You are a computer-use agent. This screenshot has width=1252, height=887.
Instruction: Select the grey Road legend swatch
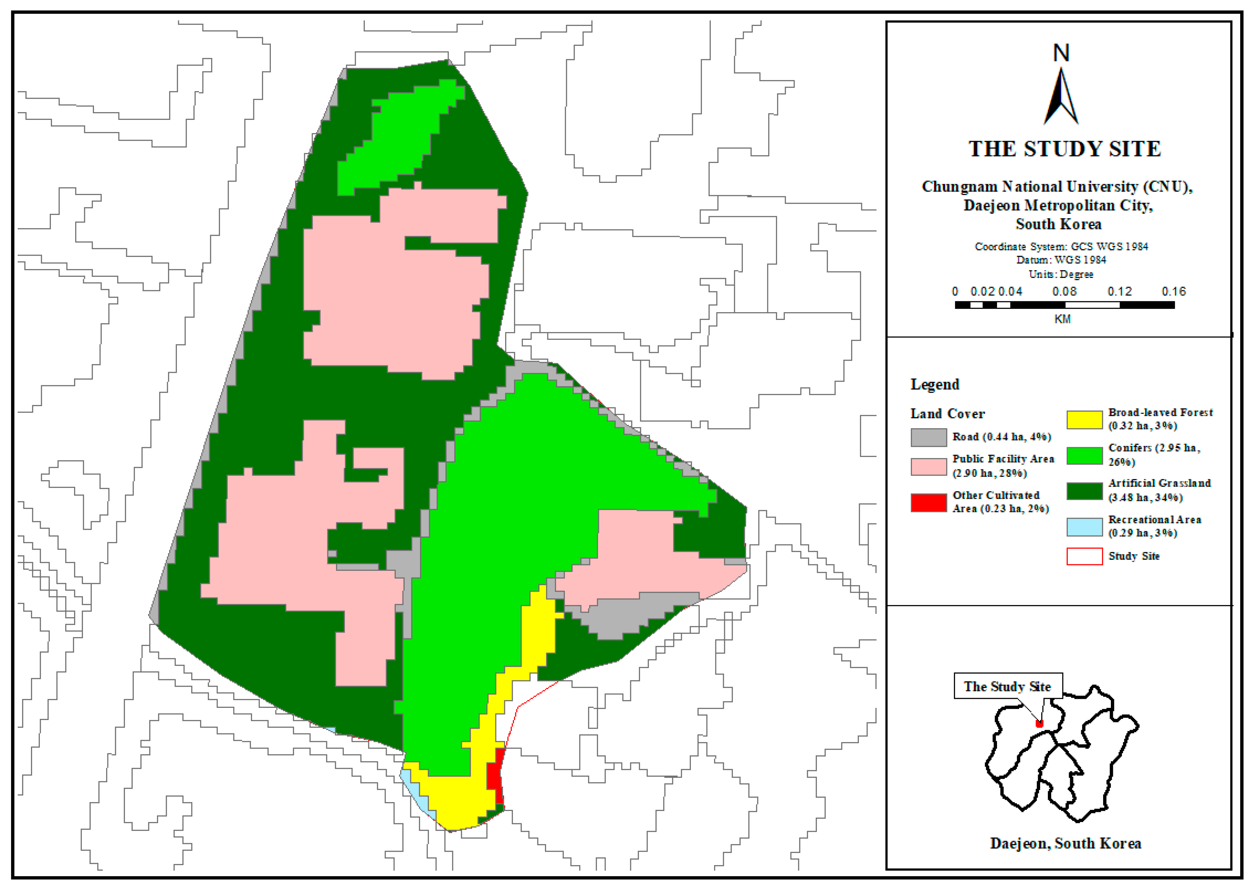pos(928,437)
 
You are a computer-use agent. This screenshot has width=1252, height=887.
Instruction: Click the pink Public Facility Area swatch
pos(928,466)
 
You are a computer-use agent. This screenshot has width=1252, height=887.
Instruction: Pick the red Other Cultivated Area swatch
pos(928,502)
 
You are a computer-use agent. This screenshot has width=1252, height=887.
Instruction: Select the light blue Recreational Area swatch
pos(1084,527)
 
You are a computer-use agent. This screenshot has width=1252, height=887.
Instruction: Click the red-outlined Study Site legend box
pos(1084,556)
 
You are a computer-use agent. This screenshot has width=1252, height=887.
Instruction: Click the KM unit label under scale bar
pos(1062,319)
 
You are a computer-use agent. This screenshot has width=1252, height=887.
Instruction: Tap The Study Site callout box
pos(1007,686)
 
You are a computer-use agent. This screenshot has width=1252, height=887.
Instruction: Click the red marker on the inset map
pos(1039,724)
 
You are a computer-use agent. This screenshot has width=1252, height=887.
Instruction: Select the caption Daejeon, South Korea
pos(1065,843)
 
